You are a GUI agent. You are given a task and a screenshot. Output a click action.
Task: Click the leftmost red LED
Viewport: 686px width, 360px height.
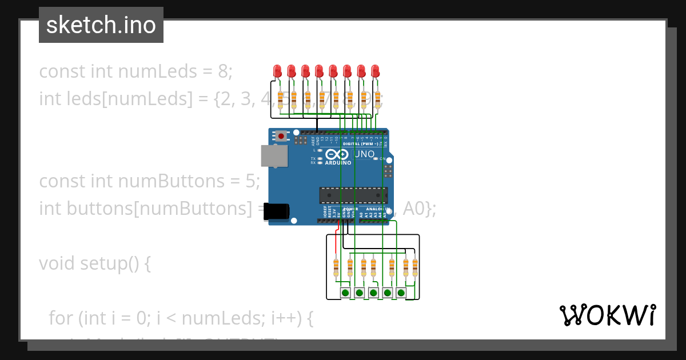(277, 71)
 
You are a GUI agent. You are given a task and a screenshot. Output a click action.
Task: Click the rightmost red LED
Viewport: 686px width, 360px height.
(375, 71)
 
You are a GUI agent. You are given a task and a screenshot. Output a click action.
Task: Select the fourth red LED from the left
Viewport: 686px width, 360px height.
(319, 71)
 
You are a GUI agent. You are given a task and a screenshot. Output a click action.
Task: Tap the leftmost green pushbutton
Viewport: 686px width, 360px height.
(345, 293)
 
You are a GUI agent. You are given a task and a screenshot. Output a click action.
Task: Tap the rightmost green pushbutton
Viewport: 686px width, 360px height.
(401, 293)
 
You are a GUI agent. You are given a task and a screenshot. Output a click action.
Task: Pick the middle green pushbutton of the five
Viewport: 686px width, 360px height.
(373, 293)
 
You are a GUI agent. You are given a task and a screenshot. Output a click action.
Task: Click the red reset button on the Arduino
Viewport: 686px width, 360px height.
(281, 136)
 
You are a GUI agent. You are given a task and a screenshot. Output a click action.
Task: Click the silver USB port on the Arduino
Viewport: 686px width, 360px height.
(274, 155)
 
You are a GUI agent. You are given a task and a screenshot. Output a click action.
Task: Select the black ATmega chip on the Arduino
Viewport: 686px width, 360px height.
(353, 195)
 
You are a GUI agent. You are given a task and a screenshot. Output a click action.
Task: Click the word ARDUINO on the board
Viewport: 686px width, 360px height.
(338, 163)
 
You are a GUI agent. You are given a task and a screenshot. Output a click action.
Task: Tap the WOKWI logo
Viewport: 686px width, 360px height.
(607, 315)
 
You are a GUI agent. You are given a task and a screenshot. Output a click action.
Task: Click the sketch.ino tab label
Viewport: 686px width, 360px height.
(101, 25)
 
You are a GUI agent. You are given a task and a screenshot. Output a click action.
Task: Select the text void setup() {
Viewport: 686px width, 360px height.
(95, 263)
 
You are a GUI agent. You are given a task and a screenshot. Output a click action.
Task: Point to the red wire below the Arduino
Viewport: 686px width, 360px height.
(337, 227)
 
